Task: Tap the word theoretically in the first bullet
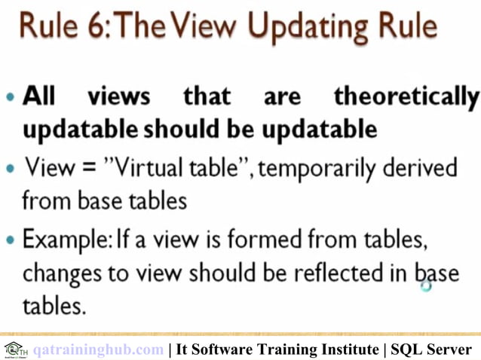406,97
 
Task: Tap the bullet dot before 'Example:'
9,241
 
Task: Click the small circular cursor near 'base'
426,285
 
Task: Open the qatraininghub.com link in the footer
98,349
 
